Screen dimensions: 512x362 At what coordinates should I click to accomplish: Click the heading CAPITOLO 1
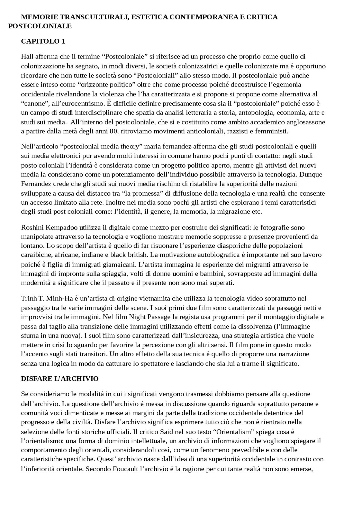(x=43, y=41)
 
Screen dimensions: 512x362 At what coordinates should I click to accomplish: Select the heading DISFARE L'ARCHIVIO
(x=60, y=379)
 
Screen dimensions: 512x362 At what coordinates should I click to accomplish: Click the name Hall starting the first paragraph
(x=27, y=57)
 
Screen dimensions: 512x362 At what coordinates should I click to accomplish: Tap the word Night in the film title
(x=137, y=317)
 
